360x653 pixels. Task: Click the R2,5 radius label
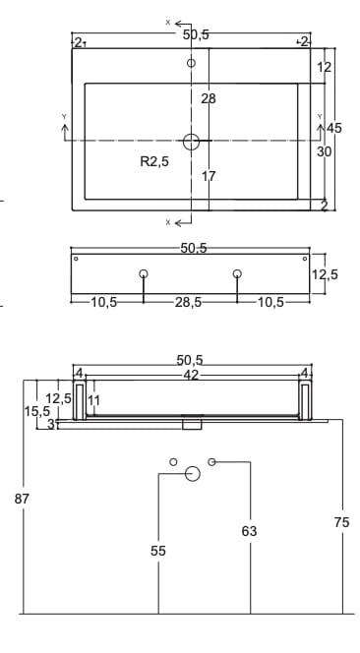click(154, 161)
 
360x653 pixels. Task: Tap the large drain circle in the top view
click(191, 135)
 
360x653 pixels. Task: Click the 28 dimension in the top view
click(209, 98)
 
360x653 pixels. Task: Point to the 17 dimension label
click(209, 176)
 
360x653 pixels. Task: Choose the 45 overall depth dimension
click(333, 128)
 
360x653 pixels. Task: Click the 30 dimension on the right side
click(325, 152)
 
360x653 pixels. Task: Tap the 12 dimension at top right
click(325, 67)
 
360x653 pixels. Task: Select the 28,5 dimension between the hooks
click(188, 302)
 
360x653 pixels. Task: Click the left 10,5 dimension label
click(103, 302)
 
